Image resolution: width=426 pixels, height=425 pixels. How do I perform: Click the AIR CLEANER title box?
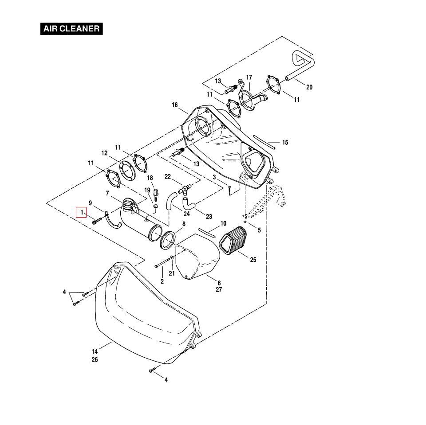[71, 29]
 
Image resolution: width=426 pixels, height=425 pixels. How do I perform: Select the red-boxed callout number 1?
[82, 213]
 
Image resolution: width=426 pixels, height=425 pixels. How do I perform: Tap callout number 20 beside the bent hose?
[309, 87]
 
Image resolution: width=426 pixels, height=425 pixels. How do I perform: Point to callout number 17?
[249, 78]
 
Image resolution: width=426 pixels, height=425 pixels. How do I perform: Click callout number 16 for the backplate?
[174, 105]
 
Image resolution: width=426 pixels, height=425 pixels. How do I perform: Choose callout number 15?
[285, 143]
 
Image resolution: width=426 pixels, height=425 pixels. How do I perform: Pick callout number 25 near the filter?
[253, 260]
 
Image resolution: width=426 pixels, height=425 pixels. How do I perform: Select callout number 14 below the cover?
[95, 352]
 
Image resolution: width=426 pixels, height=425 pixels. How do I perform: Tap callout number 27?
[219, 290]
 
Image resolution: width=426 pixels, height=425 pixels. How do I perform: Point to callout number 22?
[167, 176]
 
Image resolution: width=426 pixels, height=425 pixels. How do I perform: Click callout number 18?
[150, 178]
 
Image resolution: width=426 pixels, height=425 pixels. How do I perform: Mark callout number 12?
[104, 153]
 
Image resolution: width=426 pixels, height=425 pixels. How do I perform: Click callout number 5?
[259, 230]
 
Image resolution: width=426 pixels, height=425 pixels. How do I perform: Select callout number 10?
[223, 223]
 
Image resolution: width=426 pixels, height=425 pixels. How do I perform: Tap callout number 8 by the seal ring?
[184, 224]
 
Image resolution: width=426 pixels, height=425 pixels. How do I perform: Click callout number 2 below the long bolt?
[162, 281]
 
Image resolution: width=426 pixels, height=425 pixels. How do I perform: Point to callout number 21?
[172, 273]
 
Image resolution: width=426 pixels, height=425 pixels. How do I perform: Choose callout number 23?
[209, 217]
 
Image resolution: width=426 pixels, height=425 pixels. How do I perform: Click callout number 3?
[214, 177]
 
